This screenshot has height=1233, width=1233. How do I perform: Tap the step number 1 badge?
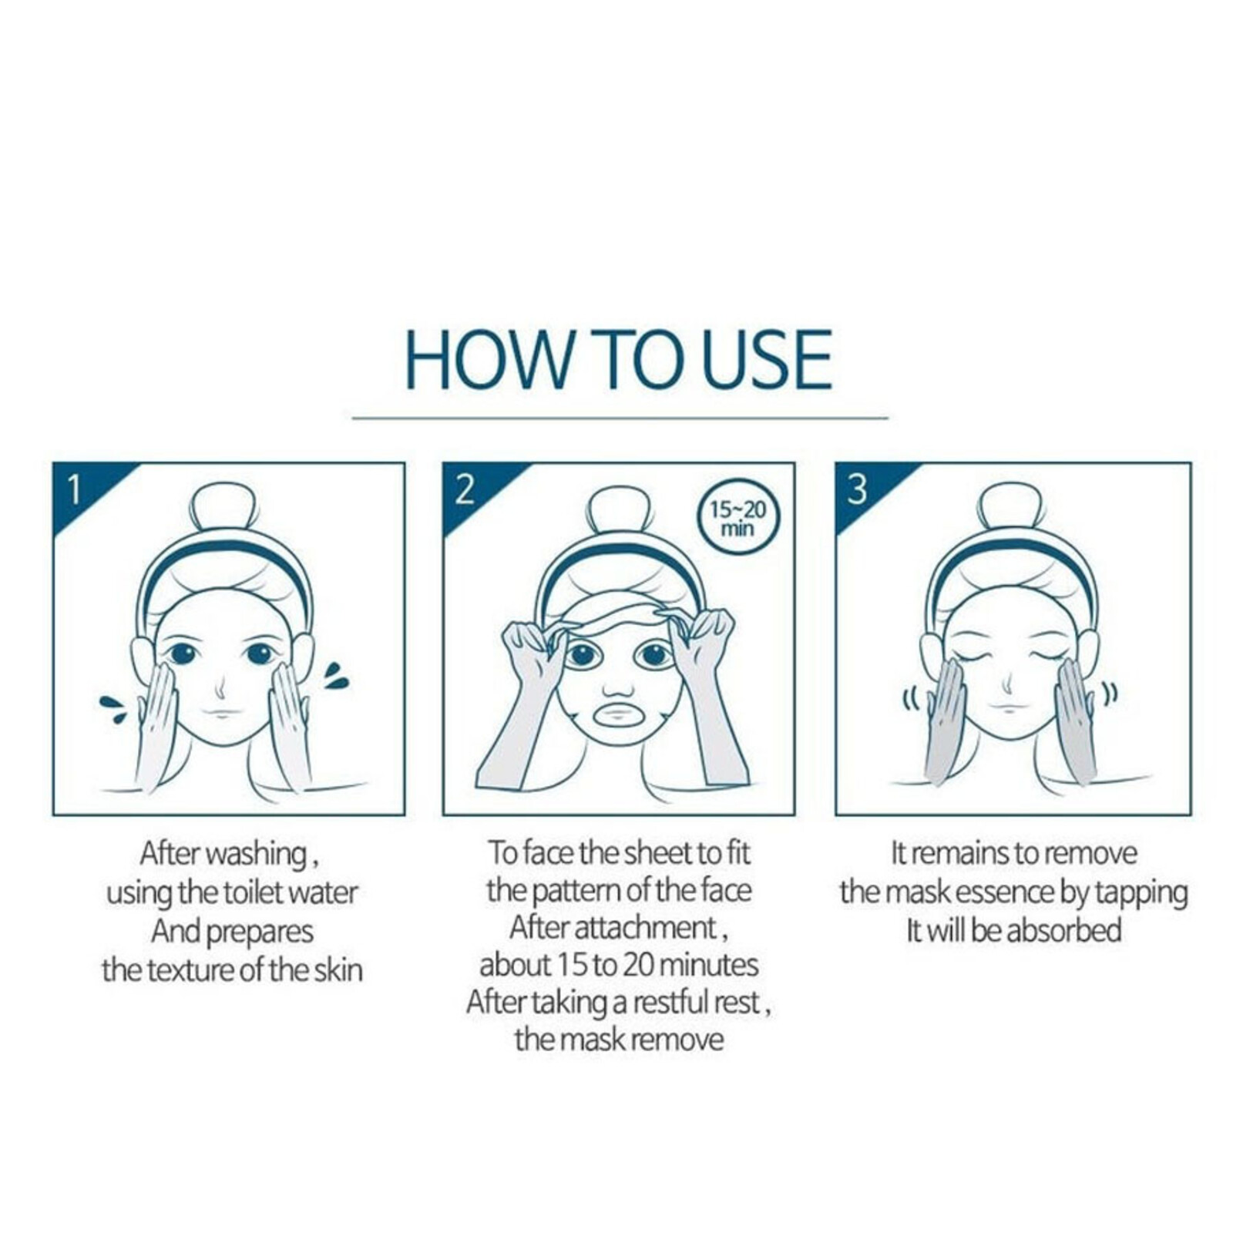coord(74,489)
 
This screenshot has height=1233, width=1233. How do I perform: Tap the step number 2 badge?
coord(464,489)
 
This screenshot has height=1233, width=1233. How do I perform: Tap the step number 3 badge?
coord(857,489)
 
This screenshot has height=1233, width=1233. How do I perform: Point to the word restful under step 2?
coord(669,1002)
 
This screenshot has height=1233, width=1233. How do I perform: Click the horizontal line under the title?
coord(620,418)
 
